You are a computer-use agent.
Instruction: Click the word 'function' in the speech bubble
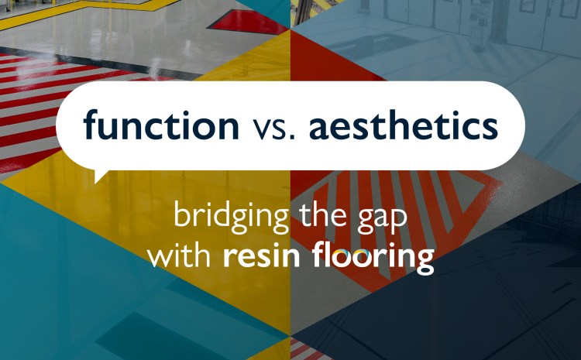pos(162,124)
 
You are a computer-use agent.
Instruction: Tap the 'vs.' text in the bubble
pos(273,125)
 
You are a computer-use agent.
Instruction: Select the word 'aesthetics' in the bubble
pos(402,124)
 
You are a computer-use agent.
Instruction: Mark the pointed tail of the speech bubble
pos(99,175)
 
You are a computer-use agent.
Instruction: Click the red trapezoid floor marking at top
pos(252,23)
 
